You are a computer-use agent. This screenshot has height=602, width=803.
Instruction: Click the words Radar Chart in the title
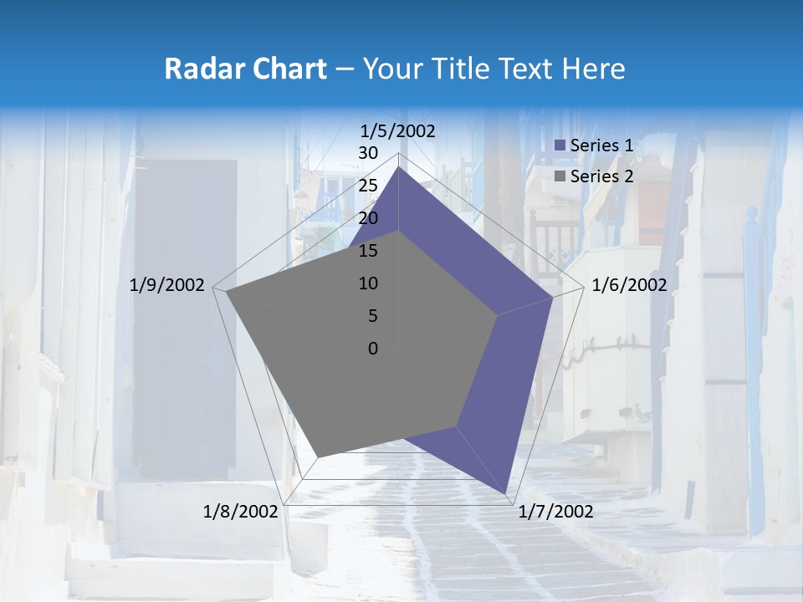click(x=245, y=69)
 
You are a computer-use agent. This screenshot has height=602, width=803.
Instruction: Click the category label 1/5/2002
click(x=398, y=130)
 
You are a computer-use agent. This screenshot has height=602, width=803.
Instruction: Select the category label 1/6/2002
click(x=629, y=285)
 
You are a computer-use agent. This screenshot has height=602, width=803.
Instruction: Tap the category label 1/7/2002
click(x=555, y=512)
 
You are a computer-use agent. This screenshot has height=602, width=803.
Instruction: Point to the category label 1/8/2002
click(x=241, y=512)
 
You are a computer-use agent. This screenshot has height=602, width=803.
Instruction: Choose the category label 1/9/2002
click(x=167, y=285)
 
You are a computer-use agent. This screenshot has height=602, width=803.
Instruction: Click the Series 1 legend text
click(x=601, y=145)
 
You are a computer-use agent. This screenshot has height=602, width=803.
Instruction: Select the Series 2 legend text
click(x=601, y=176)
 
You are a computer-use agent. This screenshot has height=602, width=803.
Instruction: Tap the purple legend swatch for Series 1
click(x=560, y=145)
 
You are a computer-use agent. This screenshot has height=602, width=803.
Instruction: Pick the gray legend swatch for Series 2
click(x=560, y=176)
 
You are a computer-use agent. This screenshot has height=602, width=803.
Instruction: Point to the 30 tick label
click(x=368, y=153)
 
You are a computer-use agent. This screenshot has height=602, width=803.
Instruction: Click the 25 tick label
click(x=368, y=186)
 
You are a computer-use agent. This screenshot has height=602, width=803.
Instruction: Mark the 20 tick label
click(x=368, y=218)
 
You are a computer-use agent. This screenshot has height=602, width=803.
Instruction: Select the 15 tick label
click(x=368, y=251)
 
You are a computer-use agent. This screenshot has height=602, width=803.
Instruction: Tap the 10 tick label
click(x=368, y=283)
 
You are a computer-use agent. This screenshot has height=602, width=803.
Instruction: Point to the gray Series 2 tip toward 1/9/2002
click(x=226, y=291)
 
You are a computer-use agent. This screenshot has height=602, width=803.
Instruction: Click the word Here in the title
click(x=594, y=69)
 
